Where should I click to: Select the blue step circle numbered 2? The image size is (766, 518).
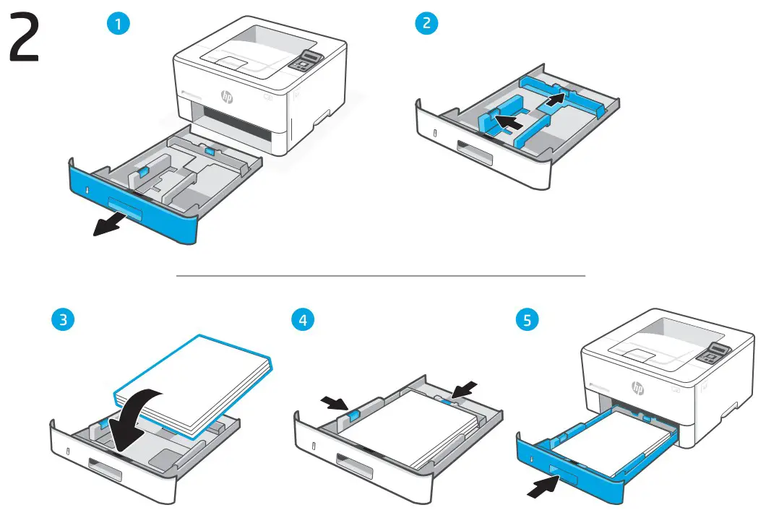(426, 23)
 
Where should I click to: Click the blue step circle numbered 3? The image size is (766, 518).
(66, 319)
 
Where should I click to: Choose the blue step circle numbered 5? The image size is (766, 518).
(527, 319)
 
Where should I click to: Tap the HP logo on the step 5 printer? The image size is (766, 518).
(637, 388)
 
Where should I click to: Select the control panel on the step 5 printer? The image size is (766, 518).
(713, 354)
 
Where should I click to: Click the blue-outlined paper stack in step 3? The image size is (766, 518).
(191, 383)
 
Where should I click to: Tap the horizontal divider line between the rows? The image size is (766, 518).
(381, 275)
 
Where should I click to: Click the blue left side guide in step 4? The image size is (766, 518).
(353, 414)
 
